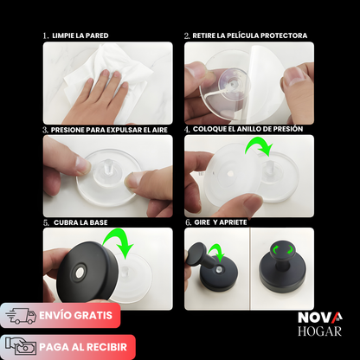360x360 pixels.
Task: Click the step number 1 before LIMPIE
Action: click(45, 36)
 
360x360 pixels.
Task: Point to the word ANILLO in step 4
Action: click(256, 129)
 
